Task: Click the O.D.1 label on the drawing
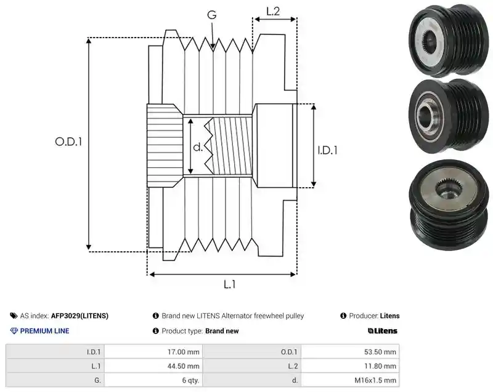(68, 142)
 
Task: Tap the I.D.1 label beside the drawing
(327, 150)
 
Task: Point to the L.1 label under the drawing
(229, 284)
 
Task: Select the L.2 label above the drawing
(273, 11)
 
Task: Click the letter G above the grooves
(212, 14)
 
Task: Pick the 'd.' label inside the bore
(198, 147)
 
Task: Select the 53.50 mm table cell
(350, 352)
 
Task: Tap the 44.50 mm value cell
(153, 366)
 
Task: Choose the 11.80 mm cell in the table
(350, 366)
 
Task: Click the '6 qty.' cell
(153, 380)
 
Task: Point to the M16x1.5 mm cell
(350, 380)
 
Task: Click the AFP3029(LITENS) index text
(79, 316)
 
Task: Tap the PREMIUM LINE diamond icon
(14, 331)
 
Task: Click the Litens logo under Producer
(382, 331)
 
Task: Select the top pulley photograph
(449, 41)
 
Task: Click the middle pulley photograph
(449, 117)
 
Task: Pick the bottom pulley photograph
(449, 205)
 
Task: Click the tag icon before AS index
(14, 316)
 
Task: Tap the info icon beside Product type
(156, 331)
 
